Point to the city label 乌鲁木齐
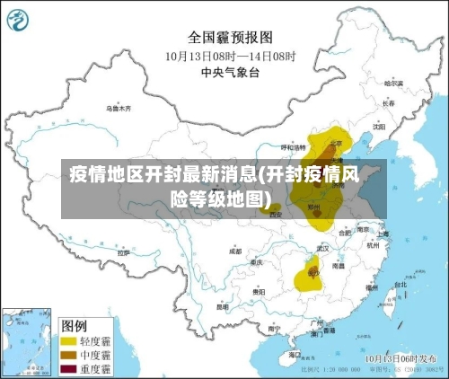(x=119, y=108)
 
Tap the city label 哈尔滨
(x=392, y=83)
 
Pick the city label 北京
(x=336, y=142)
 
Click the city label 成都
(x=235, y=251)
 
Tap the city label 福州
(x=372, y=287)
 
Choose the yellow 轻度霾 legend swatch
(x=68, y=341)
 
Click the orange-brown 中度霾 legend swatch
(x=68, y=356)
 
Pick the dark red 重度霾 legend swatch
(x=68, y=369)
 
